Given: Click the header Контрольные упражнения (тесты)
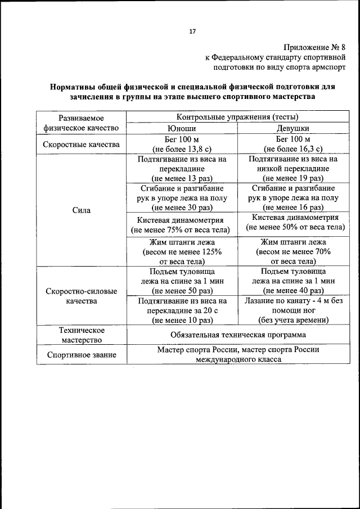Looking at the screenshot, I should click(x=237, y=117).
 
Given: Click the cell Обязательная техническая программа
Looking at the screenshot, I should click(x=238, y=335).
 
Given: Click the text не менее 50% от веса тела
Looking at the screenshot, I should click(x=295, y=227).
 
